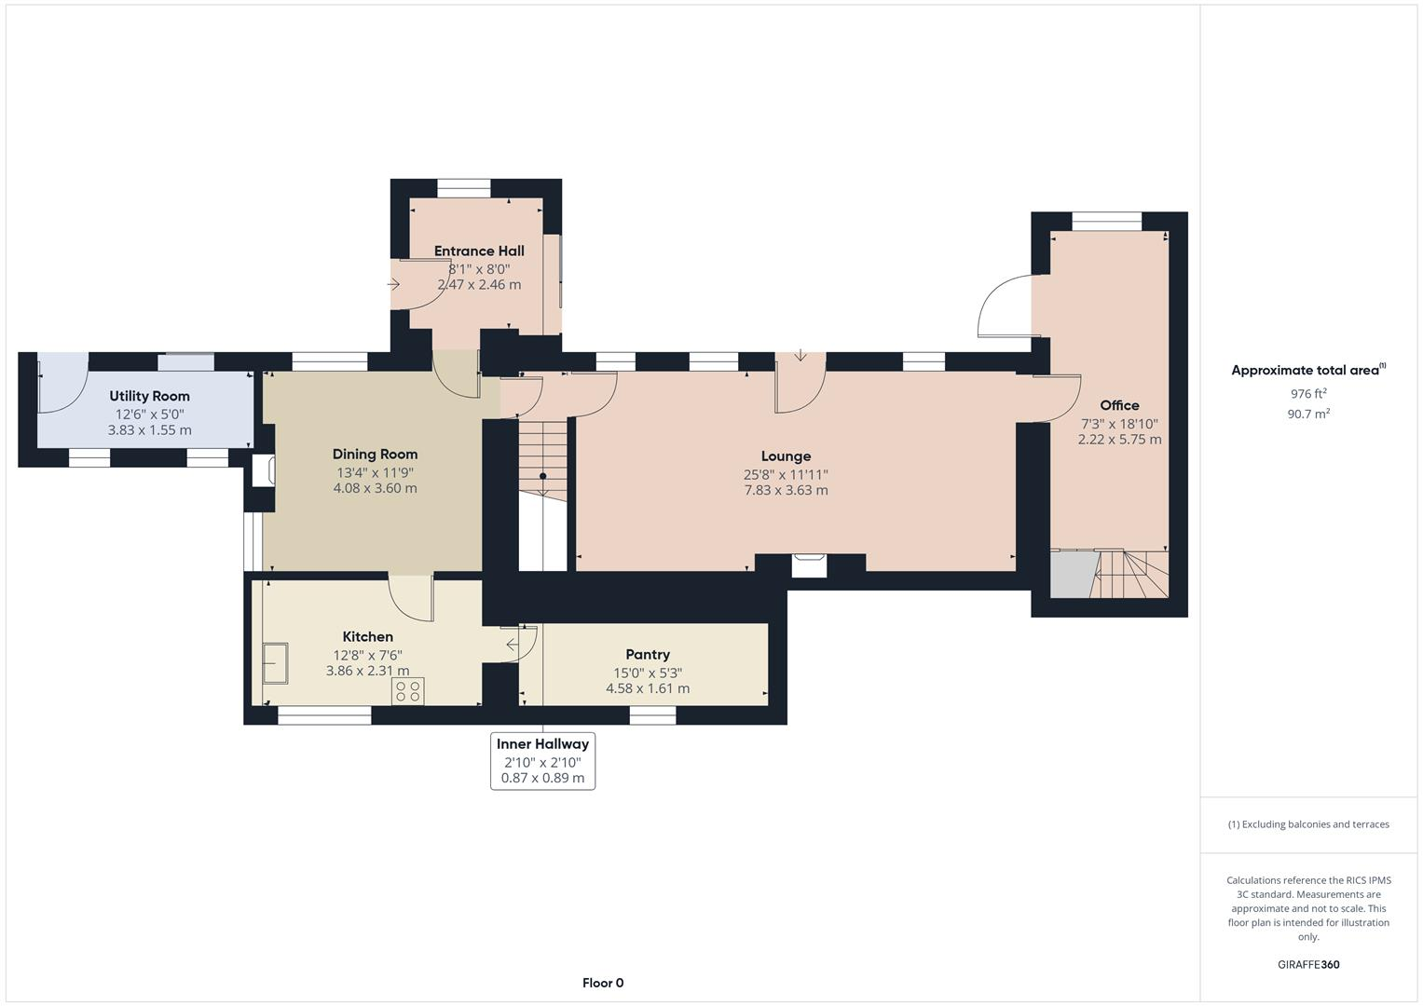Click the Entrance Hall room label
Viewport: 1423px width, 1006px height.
479,251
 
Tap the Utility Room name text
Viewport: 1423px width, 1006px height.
149,396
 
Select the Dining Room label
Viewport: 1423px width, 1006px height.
375,455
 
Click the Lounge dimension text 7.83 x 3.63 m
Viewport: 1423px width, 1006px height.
786,490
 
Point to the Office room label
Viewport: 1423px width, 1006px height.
1119,405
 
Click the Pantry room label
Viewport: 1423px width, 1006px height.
648,655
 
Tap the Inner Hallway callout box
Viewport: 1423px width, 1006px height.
542,760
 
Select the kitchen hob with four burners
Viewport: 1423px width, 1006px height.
408,690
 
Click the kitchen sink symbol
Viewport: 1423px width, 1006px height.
276,663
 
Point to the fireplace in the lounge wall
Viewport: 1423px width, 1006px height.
809,564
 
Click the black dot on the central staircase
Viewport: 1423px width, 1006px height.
543,476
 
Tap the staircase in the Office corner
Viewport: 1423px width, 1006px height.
1129,574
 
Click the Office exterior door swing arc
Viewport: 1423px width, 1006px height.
1004,304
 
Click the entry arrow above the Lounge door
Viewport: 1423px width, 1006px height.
800,355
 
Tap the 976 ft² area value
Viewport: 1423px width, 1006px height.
1308,394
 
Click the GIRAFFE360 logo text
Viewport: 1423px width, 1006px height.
1308,964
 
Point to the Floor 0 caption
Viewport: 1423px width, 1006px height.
603,983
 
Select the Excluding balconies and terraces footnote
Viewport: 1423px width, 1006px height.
1308,824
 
